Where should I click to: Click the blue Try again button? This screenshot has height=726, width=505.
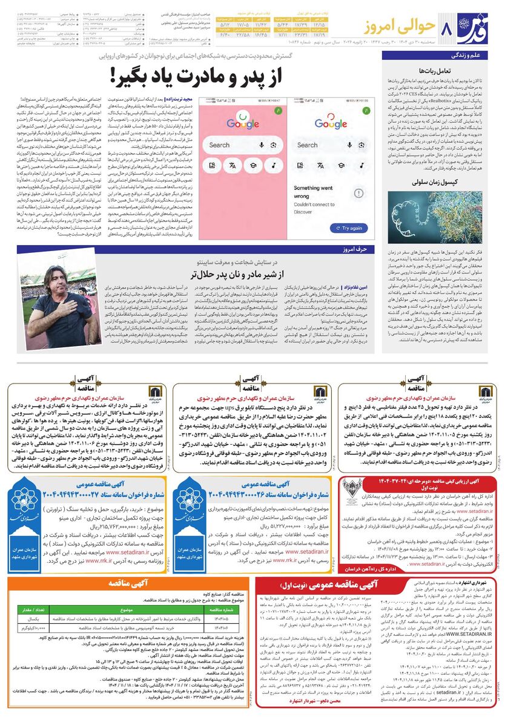[x=348, y=228]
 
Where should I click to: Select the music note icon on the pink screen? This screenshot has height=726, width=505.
[x=273, y=165]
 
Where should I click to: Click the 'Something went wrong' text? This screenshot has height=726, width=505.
[x=313, y=192]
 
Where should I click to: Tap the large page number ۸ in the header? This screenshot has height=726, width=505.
[x=449, y=29]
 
